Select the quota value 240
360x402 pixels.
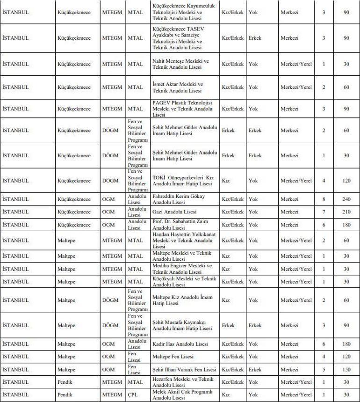pyautogui.click(x=346, y=199)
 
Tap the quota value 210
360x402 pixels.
pyautogui.click(x=346, y=212)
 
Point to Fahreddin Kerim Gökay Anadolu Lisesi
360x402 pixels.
pyautogui.click(x=179, y=199)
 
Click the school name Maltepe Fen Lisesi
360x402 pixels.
pyautogui.click(x=174, y=357)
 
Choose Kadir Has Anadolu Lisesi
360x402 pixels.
pyautogui.click(x=180, y=344)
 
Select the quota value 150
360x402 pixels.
pyautogui.click(x=346, y=370)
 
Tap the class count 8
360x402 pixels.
pyautogui.click(x=324, y=199)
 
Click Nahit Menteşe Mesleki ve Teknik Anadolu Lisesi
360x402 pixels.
pyautogui.click(x=181, y=64)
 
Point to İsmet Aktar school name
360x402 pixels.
pyautogui.click(x=178, y=87)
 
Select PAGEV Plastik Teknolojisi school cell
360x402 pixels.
pyautogui.click(x=182, y=109)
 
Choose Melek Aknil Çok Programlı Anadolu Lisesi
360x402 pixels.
pyautogui.click(x=182, y=395)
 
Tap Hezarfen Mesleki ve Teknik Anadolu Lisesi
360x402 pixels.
pyautogui.click(x=183, y=382)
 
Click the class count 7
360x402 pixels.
pyautogui.click(x=324, y=212)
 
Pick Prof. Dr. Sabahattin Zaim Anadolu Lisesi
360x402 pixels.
pyautogui.click(x=180, y=225)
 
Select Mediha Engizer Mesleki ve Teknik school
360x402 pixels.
pyautogui.click(x=182, y=269)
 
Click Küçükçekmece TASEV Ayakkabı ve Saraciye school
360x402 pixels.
pyautogui.click(x=179, y=38)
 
